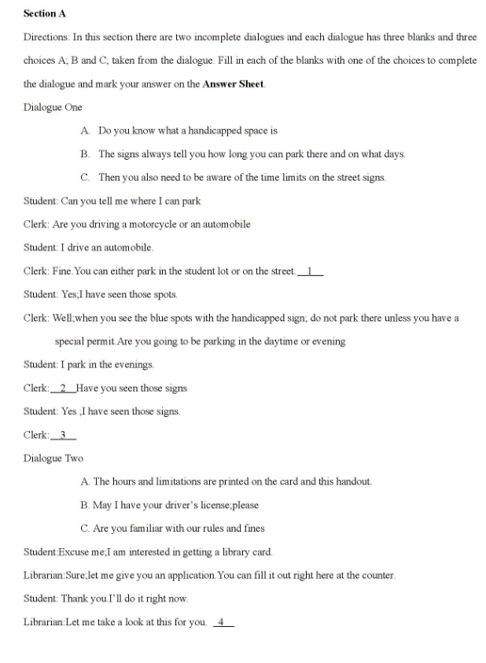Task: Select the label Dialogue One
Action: [x=53, y=107]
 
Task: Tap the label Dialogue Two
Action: [x=53, y=458]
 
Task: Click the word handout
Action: [x=353, y=481]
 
